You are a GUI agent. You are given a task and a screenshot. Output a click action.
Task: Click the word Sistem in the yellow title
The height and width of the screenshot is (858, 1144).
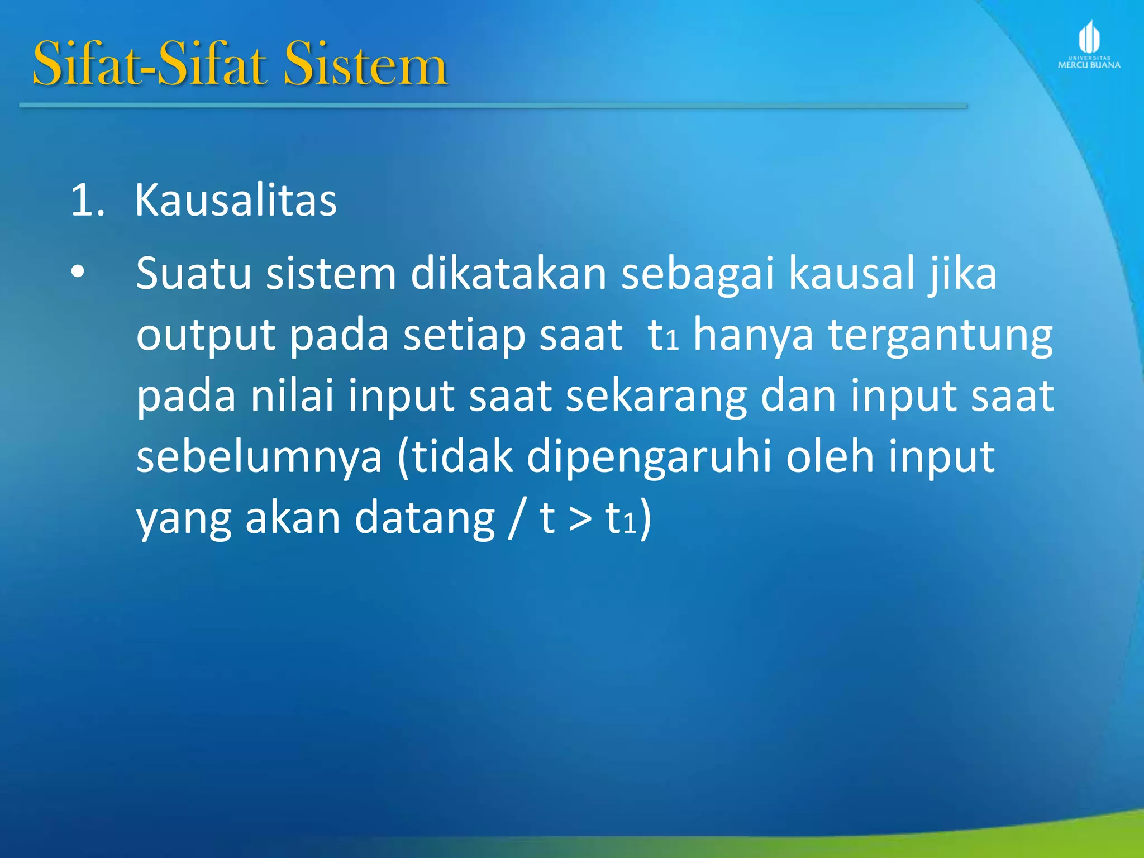[x=365, y=64]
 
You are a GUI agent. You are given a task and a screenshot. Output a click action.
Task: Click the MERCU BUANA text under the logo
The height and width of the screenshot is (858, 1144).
[x=1089, y=65]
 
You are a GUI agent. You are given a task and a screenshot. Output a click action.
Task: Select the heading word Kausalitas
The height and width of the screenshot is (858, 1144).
[x=236, y=200]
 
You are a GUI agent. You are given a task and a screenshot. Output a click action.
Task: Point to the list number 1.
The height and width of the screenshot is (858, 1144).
[x=87, y=200]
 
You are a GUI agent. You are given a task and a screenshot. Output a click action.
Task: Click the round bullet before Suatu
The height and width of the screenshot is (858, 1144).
[x=78, y=272]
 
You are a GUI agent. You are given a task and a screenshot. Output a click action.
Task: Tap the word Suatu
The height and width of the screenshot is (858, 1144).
[x=193, y=273]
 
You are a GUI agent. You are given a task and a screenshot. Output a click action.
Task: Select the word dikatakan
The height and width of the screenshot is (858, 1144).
[x=508, y=273]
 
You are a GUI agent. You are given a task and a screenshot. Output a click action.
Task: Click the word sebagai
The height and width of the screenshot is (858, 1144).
[x=698, y=274]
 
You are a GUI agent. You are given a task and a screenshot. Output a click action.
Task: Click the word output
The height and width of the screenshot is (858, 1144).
[x=206, y=336]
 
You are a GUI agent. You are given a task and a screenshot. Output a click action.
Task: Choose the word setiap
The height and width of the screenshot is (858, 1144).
[x=464, y=335]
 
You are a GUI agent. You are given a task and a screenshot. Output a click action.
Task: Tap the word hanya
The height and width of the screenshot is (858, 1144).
[x=753, y=336]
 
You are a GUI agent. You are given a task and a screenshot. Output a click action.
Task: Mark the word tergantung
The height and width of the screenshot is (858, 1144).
[x=940, y=336]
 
